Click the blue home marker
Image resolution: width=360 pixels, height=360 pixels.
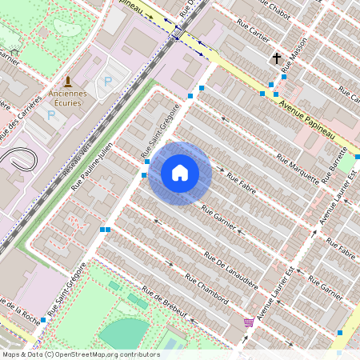click(x=180, y=173)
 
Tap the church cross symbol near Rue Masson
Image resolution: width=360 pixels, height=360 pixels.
click(x=277, y=58)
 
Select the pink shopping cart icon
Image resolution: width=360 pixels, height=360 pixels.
click(x=249, y=322)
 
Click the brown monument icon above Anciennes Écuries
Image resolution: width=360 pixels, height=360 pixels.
click(x=67, y=82)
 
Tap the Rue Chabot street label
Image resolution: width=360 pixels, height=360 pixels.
click(x=268, y=13)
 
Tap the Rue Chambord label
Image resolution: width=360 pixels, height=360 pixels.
click(x=206, y=289)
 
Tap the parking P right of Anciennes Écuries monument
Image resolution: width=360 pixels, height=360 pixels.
click(x=107, y=82)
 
